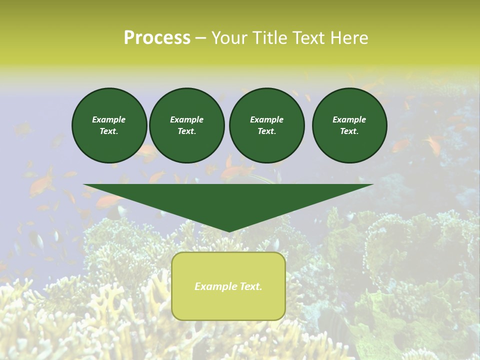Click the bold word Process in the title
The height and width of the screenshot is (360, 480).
157,38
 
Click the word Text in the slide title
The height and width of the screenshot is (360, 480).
310,38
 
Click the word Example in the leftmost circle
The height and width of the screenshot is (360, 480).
109,119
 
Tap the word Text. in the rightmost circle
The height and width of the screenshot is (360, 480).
349,131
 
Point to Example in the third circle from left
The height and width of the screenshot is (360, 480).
267,119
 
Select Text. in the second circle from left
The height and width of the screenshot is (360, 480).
187,131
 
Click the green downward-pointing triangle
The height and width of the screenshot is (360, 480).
228,200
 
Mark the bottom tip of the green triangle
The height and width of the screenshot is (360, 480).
228,230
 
